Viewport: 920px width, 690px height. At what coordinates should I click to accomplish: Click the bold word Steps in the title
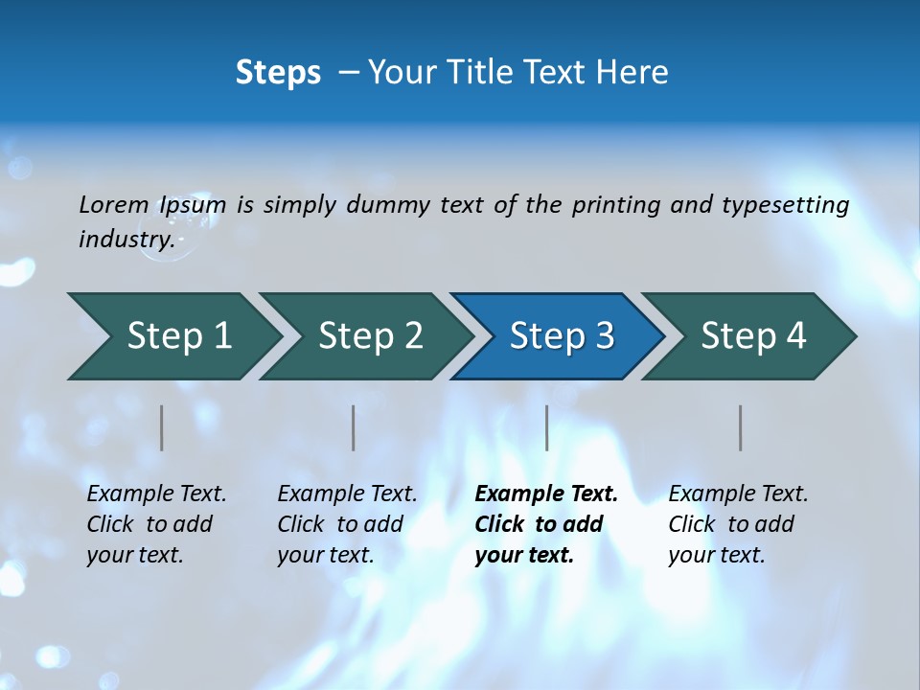tap(278, 73)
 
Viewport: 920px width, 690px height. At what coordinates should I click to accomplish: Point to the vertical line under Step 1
tap(162, 427)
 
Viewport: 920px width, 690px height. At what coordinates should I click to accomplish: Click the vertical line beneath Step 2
tap(354, 427)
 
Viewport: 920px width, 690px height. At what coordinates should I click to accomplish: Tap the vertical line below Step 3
tap(547, 427)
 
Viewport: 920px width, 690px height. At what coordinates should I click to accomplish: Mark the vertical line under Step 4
tap(741, 427)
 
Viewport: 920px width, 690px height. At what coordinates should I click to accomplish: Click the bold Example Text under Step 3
tap(545, 524)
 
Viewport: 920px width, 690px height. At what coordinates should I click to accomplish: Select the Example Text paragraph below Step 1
tap(156, 524)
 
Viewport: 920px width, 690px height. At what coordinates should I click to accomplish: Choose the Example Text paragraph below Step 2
tap(347, 524)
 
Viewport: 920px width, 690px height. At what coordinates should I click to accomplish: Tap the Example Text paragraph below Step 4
tap(738, 524)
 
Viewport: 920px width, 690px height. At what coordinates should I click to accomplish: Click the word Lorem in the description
tap(113, 204)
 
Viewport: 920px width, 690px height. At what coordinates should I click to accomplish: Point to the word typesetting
tap(785, 205)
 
